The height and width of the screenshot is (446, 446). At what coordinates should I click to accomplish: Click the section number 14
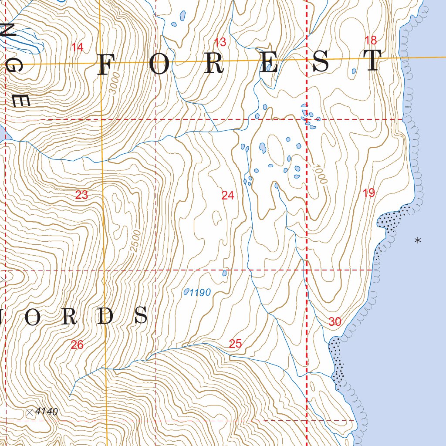(x=77, y=47)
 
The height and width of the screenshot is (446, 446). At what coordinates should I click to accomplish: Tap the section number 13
(x=220, y=42)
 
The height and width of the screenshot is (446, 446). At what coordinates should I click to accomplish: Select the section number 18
(x=370, y=41)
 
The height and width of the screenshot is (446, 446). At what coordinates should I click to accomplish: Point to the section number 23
(x=81, y=195)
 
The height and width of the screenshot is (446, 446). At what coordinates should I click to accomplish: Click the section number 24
(x=227, y=196)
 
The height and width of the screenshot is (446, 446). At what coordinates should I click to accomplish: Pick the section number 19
(x=368, y=193)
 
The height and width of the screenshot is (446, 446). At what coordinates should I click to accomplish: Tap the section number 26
(x=77, y=345)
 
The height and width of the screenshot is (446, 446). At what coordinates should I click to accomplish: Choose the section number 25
(x=235, y=344)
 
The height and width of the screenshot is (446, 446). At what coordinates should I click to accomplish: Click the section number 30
(x=335, y=322)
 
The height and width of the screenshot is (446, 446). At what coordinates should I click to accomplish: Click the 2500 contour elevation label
(x=135, y=240)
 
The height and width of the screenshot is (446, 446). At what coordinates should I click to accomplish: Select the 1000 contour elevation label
(x=319, y=174)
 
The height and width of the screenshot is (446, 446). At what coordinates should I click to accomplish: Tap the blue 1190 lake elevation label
(x=200, y=293)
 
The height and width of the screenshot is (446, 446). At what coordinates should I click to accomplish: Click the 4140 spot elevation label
(x=47, y=411)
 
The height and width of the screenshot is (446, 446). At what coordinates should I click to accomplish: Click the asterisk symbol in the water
(x=418, y=240)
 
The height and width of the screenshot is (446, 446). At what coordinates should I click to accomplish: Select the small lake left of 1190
(x=186, y=291)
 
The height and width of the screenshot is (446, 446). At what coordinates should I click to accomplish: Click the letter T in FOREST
(x=373, y=61)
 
